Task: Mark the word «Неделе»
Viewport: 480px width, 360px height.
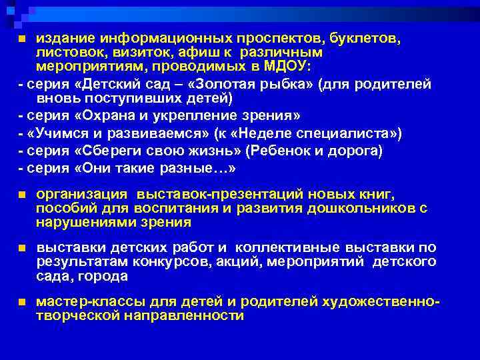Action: coord(300,133)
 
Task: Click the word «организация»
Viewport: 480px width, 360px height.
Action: coord(81,194)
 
